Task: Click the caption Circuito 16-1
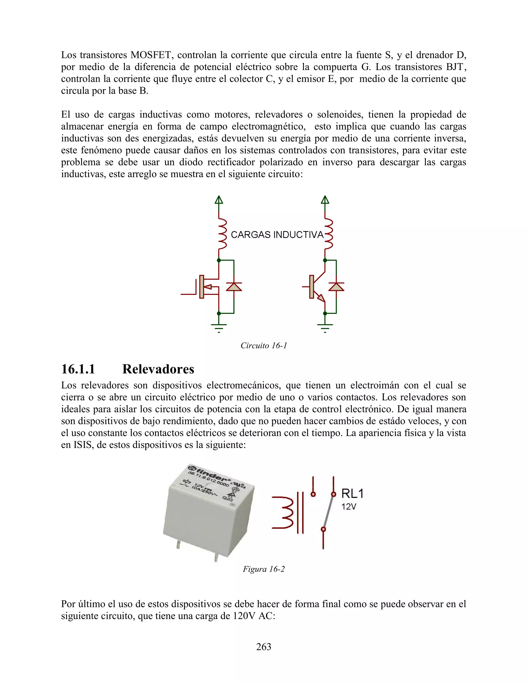263,346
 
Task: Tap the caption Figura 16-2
263,569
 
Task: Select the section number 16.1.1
78,369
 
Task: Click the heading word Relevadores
158,369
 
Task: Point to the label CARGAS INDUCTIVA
277,235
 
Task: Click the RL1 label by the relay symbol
352,494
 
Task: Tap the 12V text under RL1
349,507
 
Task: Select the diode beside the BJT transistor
336,286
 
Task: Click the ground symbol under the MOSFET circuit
219,327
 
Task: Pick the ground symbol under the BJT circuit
325,327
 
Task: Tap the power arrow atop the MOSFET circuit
219,199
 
